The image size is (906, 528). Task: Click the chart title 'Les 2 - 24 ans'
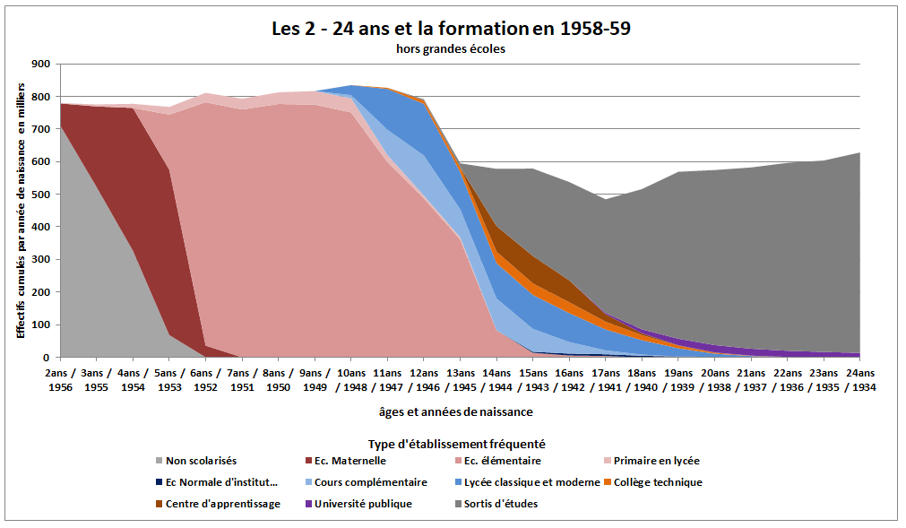(451, 29)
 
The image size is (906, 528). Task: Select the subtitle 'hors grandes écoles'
(451, 49)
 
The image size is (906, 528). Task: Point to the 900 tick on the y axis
(41, 65)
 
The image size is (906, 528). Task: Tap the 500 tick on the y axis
(41, 195)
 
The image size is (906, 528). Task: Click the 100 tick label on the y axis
(41, 325)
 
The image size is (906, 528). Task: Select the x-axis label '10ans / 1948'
(350, 380)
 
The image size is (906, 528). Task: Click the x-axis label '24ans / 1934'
(859, 380)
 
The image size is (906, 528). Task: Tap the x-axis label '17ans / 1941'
(605, 380)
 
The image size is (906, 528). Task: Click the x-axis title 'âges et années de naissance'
(456, 412)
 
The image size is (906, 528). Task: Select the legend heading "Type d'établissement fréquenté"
(456, 444)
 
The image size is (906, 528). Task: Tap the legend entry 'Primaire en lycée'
(653, 461)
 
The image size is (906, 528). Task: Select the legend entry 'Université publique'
(363, 504)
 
